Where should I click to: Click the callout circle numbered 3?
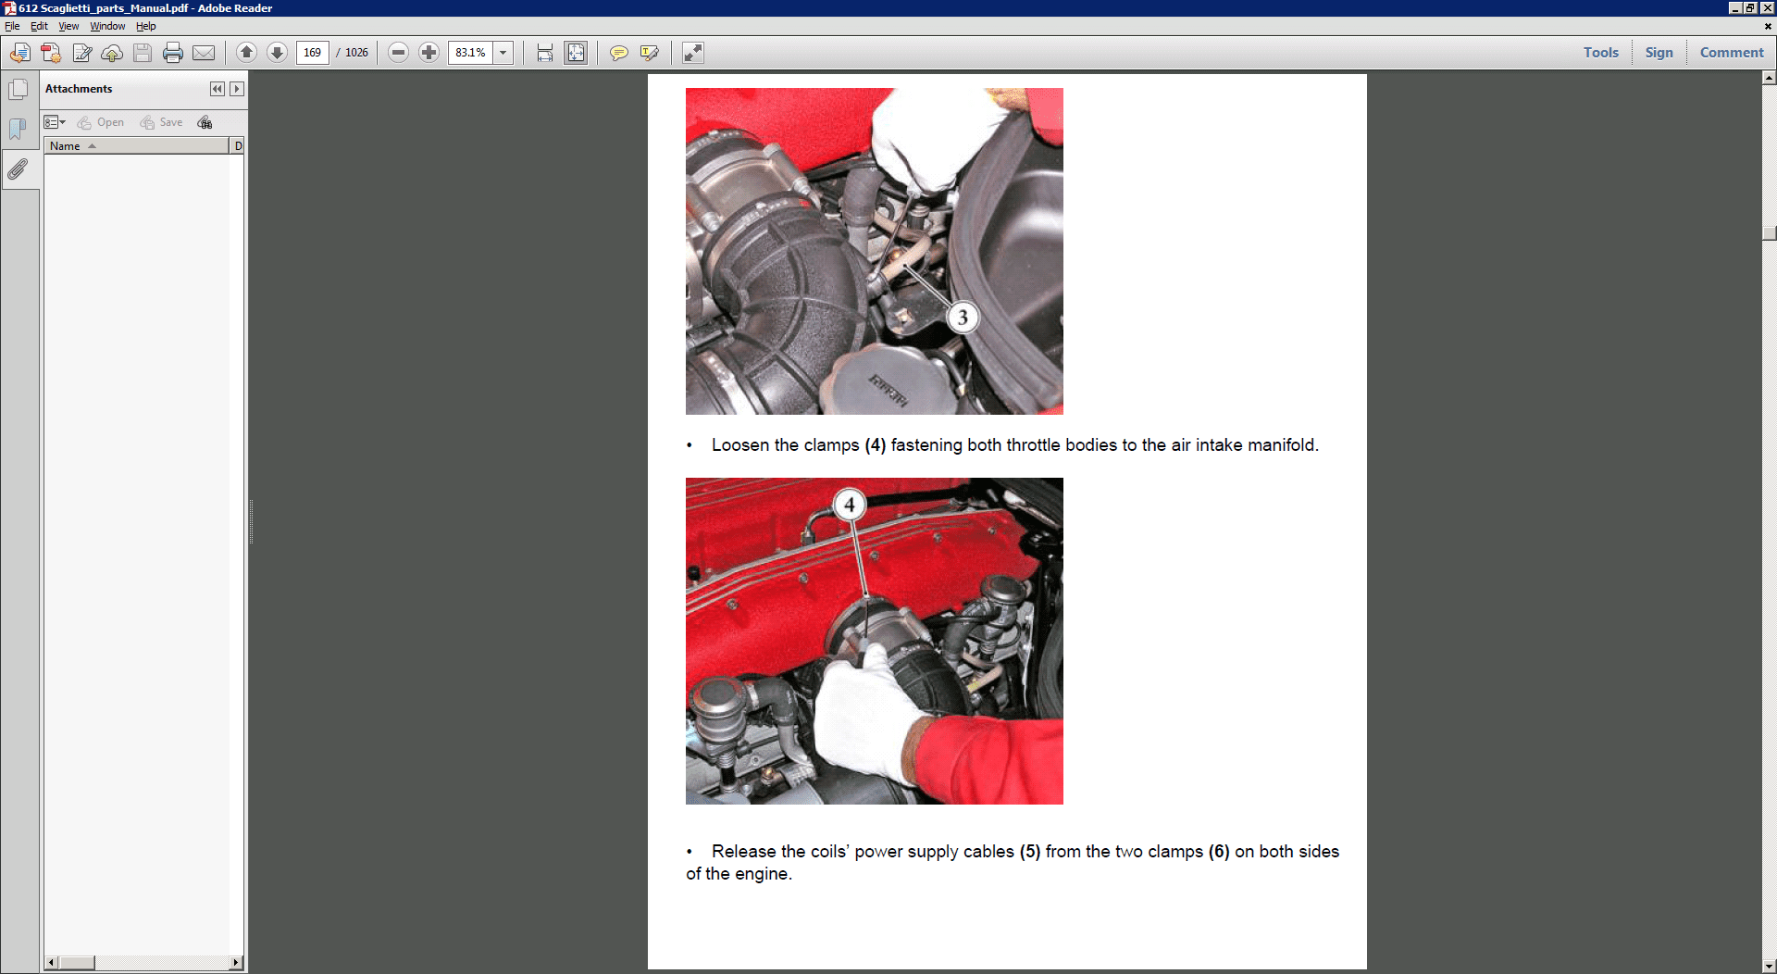[963, 318]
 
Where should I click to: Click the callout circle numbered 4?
[849, 505]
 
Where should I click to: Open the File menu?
[12, 26]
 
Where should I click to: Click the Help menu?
[145, 26]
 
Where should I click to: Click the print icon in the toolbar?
[173, 53]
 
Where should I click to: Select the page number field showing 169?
[313, 53]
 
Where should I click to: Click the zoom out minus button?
[398, 53]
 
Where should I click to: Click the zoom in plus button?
[429, 53]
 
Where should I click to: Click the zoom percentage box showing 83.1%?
[470, 53]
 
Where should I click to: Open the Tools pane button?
[1600, 53]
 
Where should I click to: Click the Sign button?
[1659, 53]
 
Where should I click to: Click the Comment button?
[1732, 53]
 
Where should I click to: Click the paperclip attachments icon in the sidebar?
[18, 169]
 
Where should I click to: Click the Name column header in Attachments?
[65, 146]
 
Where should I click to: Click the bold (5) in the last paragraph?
[1030, 852]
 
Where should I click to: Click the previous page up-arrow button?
[246, 53]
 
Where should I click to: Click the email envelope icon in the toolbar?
[204, 53]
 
